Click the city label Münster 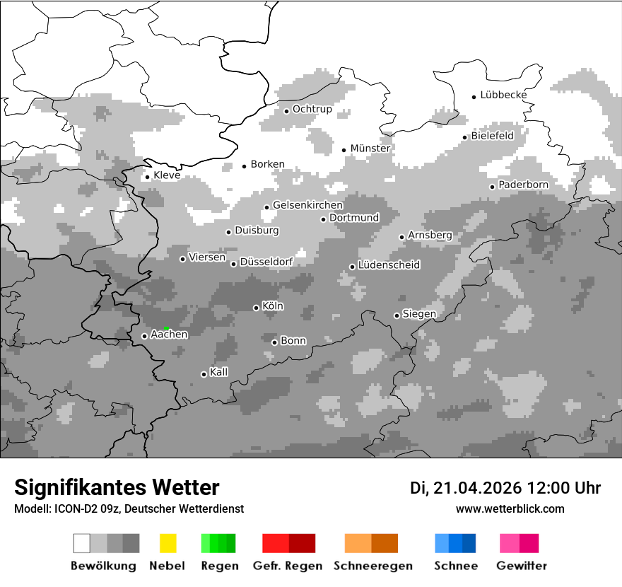point(370,149)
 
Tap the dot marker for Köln point(256,308)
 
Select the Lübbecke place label point(503,95)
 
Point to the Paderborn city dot point(492,187)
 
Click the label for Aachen point(169,335)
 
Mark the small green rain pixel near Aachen point(165,328)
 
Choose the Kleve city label point(167,175)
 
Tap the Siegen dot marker point(397,315)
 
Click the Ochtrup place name point(312,110)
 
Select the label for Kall point(219,372)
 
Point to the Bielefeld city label point(493,135)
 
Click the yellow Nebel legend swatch point(168,543)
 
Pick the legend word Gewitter point(522,566)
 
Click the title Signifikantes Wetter point(117,487)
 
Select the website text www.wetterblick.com point(510,508)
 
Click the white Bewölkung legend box point(82,543)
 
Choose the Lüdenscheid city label point(389,265)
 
